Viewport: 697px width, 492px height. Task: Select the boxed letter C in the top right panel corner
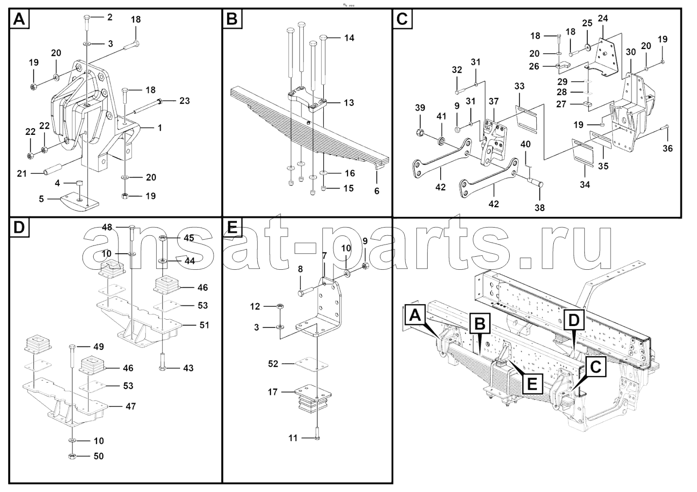click(x=402, y=19)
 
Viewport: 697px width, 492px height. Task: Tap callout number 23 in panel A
click(x=184, y=101)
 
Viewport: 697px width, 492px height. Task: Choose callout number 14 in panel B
click(x=349, y=38)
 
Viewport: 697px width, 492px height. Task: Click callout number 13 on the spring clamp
click(x=348, y=103)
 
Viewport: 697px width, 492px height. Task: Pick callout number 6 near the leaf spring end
click(x=377, y=191)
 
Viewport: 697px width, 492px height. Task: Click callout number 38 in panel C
click(x=539, y=208)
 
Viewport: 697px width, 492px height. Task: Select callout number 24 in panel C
click(x=603, y=18)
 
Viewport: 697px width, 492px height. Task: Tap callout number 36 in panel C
click(x=668, y=148)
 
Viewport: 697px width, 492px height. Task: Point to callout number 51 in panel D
click(x=204, y=325)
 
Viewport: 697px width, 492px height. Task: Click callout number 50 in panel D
click(x=99, y=456)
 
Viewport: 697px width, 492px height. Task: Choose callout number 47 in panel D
click(x=131, y=407)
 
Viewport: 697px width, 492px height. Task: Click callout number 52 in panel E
click(x=273, y=363)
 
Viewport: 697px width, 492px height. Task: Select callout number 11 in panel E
click(x=293, y=438)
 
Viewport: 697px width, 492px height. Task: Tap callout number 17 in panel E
click(x=273, y=392)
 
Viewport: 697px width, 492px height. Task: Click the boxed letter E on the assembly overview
click(x=532, y=385)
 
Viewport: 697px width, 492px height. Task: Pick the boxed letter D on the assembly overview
click(x=573, y=320)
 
